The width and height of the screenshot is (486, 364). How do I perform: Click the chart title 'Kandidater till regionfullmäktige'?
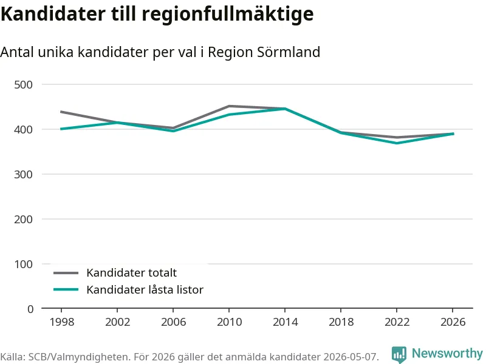(157, 14)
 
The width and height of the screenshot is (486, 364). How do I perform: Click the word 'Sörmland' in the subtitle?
(289, 52)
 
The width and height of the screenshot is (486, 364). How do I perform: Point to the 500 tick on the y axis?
(23, 84)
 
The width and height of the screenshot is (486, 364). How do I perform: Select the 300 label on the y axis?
(23, 174)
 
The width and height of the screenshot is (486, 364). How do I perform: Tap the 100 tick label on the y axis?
(23, 264)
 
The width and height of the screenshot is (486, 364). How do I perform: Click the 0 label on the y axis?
(30, 309)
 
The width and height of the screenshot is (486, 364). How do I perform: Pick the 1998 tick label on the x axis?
(62, 322)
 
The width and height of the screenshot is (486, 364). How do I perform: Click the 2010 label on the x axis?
(229, 322)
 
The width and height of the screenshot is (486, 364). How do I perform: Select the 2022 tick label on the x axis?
(397, 322)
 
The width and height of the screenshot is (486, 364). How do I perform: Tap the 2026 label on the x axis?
(453, 322)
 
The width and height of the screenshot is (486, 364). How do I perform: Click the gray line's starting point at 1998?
(61, 112)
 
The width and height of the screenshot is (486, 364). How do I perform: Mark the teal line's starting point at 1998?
(61, 129)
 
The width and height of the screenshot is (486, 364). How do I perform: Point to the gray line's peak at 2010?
(229, 106)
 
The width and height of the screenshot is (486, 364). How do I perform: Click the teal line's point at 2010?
(229, 115)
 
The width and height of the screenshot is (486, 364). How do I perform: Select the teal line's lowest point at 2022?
(397, 143)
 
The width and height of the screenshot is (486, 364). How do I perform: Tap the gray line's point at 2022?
(397, 137)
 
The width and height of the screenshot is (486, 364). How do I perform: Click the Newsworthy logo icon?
(399, 354)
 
